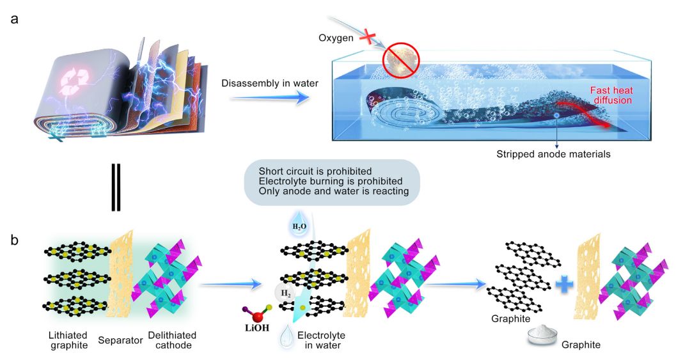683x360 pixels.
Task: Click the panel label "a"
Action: coord(13,19)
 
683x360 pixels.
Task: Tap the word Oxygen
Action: coord(335,38)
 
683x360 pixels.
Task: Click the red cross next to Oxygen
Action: coord(368,38)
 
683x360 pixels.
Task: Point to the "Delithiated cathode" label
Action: coord(172,340)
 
